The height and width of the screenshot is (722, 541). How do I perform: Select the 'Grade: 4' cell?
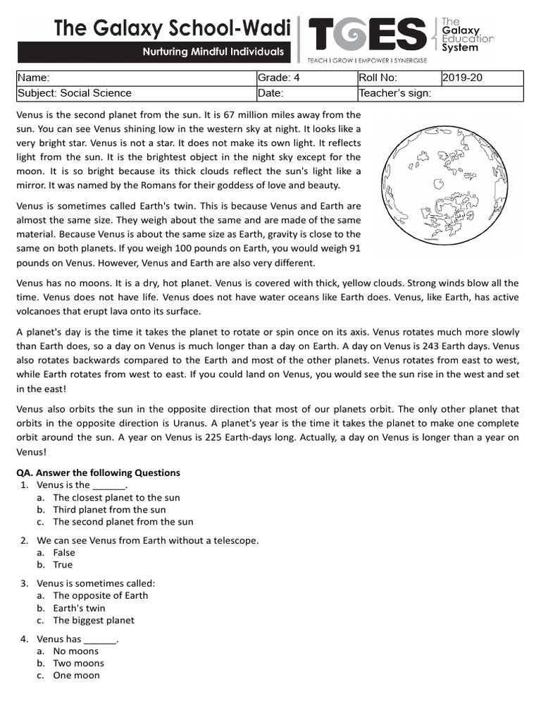pos(306,78)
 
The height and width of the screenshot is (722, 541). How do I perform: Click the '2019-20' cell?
pos(482,78)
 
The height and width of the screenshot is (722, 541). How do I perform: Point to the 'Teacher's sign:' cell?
pos(440,93)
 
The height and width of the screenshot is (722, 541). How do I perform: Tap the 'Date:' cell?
pos(306,93)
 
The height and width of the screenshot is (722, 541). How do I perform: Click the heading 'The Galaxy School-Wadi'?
pos(173,28)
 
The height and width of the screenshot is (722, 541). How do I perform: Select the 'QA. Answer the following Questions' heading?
pos(98,472)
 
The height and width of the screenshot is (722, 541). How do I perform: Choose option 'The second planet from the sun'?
pos(123,522)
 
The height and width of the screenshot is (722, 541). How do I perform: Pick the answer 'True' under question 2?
pos(63,565)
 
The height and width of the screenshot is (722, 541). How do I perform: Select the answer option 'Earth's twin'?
pos(79,608)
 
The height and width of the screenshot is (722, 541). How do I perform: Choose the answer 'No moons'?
pos(76,651)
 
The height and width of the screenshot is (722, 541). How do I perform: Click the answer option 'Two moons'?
pos(78,663)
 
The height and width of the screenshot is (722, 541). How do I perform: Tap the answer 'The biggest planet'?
pos(93,620)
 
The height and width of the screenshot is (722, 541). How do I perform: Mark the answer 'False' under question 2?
pos(64,553)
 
